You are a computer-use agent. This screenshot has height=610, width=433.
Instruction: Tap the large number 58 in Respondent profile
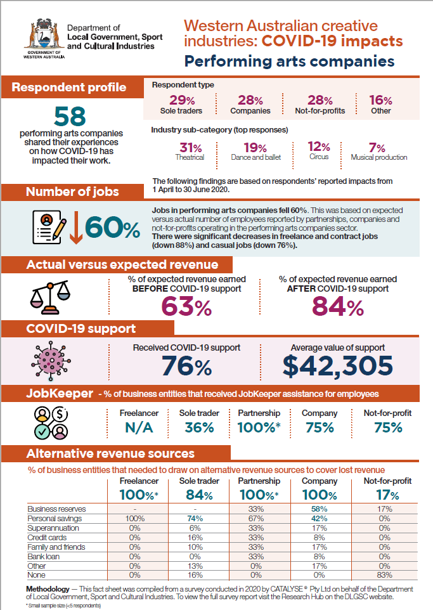[70, 116]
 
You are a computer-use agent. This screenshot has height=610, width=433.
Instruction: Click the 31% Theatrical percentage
[191, 148]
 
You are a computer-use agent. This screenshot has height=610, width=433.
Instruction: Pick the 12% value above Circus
[319, 146]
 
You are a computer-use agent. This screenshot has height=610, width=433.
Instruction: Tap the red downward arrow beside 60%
[76, 228]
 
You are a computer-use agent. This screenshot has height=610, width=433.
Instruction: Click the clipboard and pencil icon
[49, 227]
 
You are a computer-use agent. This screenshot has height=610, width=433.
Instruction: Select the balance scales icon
[50, 297]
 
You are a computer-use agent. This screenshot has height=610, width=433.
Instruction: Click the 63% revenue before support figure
[187, 306]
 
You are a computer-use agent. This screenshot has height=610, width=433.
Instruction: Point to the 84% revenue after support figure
[338, 306]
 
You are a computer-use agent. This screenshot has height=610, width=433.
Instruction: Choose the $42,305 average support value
[338, 366]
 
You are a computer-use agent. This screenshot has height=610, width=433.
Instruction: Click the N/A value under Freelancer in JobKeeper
[139, 428]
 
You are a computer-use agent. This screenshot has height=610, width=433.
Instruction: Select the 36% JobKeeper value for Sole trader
[199, 428]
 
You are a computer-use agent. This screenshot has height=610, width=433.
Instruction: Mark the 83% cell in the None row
[384, 575]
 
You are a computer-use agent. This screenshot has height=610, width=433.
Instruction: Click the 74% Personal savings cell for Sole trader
[195, 519]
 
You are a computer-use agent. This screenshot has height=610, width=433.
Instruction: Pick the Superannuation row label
[53, 528]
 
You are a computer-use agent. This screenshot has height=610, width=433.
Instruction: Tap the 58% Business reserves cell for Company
[319, 509]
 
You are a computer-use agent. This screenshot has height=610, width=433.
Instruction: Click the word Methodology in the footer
[48, 589]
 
